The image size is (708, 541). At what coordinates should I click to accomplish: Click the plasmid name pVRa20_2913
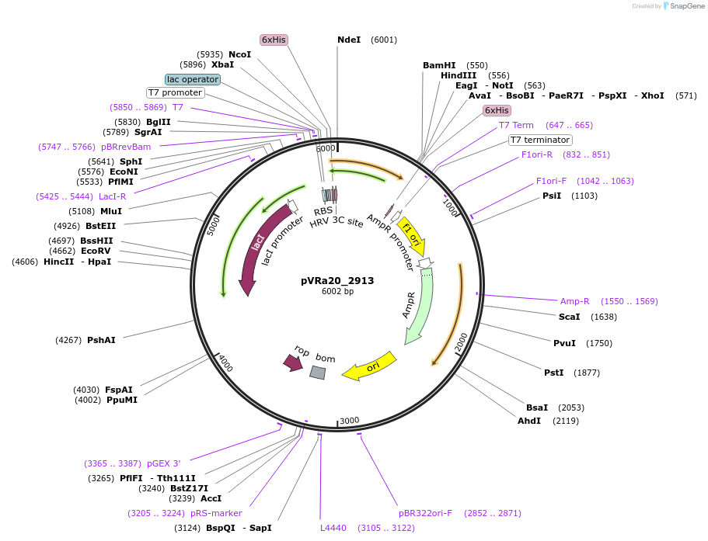[x=337, y=281]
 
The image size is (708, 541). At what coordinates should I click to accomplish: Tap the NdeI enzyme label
[x=349, y=40]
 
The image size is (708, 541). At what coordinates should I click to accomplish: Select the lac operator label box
[x=193, y=79]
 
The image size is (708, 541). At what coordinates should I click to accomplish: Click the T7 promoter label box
[x=175, y=92]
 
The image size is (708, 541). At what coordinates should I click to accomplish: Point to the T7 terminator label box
[x=540, y=140]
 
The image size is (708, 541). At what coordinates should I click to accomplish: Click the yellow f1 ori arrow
[x=411, y=235]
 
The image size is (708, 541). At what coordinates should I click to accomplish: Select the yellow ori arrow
[x=371, y=366]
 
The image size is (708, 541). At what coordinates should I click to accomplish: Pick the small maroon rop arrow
[x=293, y=362]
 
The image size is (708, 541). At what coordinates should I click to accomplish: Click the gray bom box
[x=318, y=373]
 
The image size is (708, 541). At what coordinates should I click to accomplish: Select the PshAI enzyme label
[x=101, y=340]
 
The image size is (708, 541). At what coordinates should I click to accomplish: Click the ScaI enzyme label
[x=569, y=317]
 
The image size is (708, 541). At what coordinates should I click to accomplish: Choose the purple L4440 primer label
[x=333, y=528]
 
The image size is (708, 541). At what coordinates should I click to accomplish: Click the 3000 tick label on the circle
[x=350, y=421]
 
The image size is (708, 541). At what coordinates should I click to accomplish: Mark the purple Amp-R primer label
[x=574, y=301]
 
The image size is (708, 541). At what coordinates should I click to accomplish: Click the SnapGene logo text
[x=688, y=6]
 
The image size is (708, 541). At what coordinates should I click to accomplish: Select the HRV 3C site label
[x=337, y=222]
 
